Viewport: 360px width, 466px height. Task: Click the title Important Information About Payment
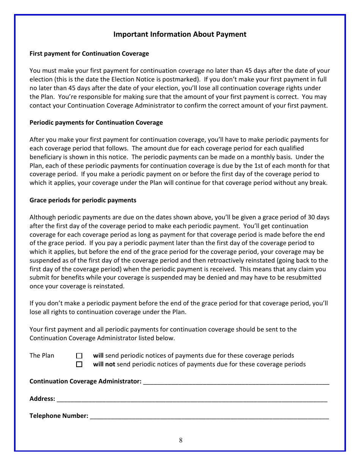pos(180,34)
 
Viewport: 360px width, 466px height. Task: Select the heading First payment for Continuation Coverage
pos(89,53)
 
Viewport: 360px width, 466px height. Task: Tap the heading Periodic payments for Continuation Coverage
pos(96,122)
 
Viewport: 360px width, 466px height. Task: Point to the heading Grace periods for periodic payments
pos(83,200)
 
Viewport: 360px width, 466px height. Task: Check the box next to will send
pos(79,356)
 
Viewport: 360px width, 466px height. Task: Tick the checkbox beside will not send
pos(79,364)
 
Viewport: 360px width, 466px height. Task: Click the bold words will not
pos(104,364)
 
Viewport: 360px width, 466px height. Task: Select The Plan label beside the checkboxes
pos(42,355)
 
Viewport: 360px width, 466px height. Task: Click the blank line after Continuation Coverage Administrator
pos(236,382)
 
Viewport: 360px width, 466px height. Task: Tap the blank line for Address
pos(192,399)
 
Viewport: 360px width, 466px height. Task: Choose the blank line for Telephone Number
pos(209,416)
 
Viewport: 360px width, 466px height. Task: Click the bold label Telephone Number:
pos(59,416)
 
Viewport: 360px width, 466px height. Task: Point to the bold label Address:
pos(42,399)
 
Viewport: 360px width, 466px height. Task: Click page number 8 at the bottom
pos(181,440)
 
